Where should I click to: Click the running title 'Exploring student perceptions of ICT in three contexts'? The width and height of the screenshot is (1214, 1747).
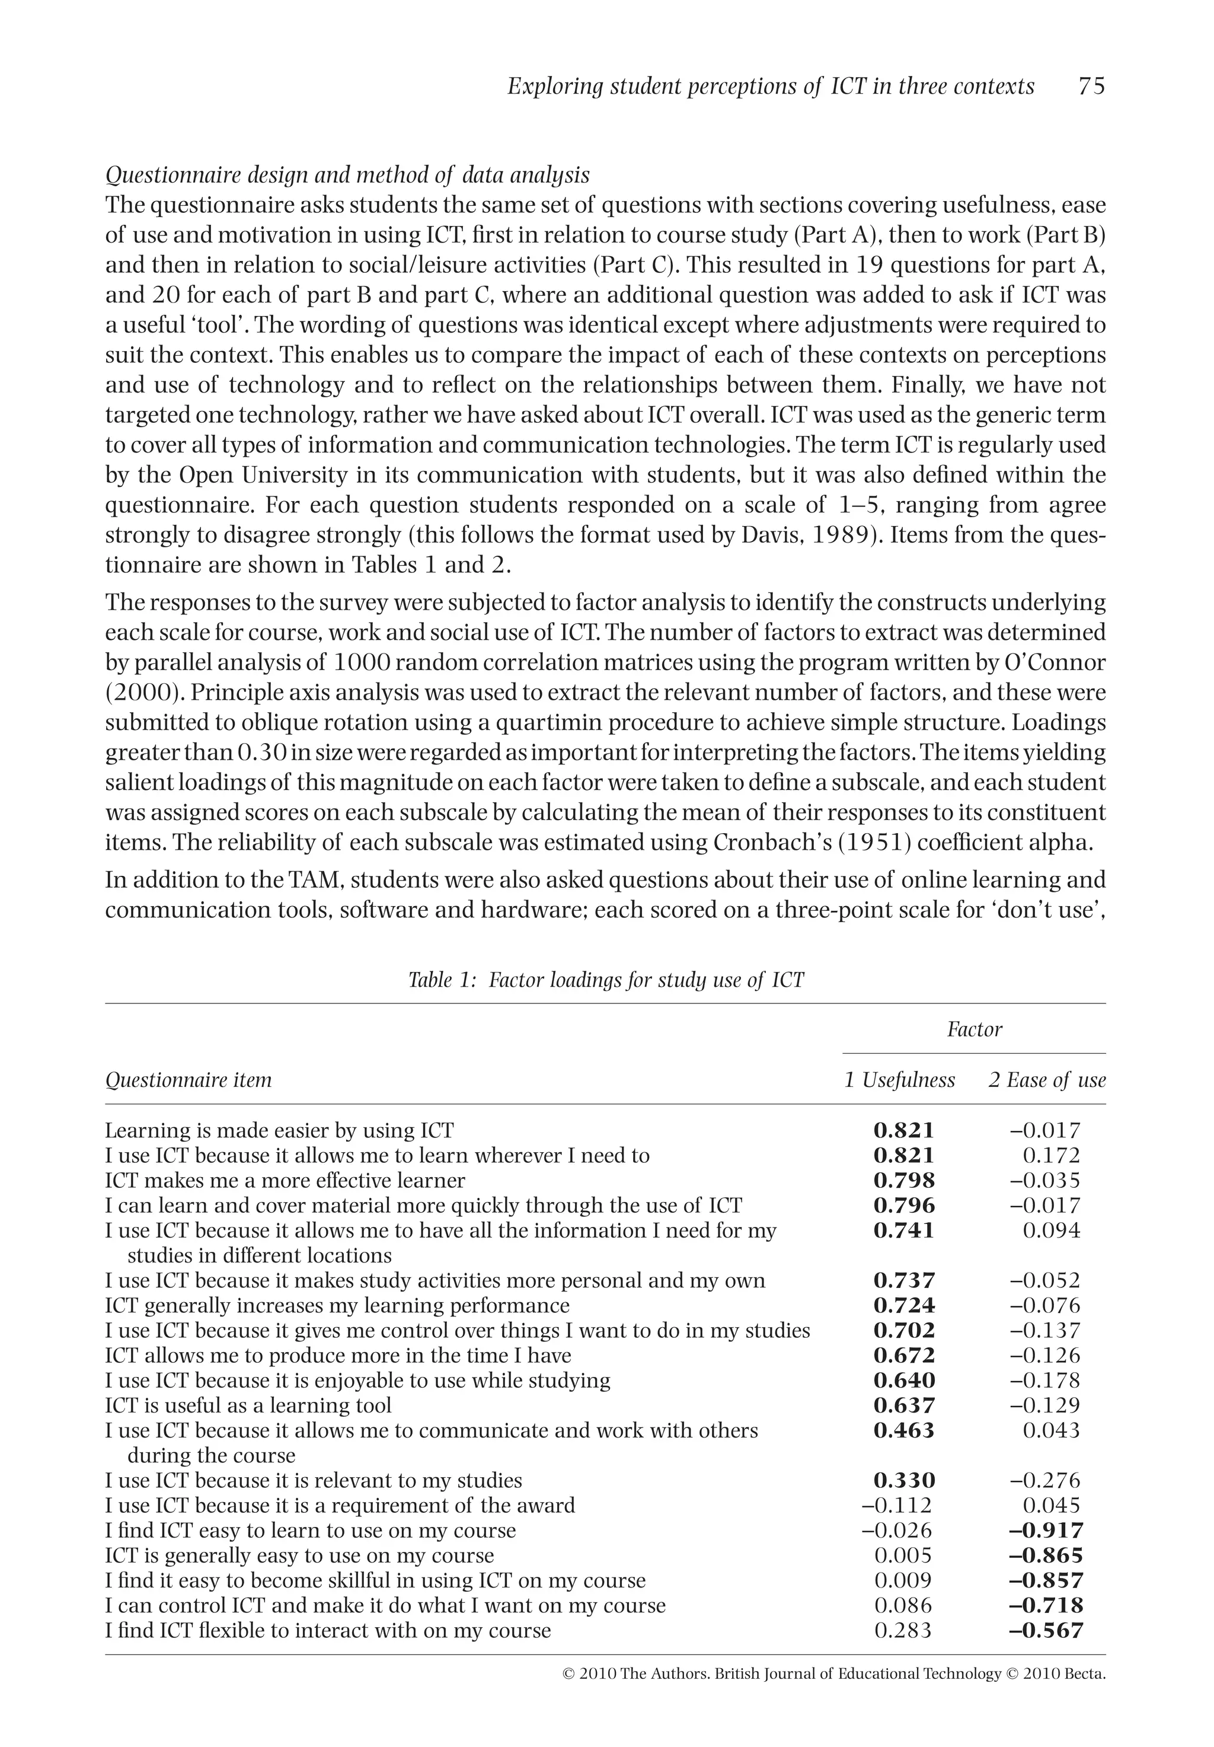(770, 87)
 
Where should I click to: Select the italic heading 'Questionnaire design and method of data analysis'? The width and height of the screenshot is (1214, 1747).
(347, 176)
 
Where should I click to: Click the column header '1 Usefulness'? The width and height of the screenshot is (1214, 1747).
(899, 1080)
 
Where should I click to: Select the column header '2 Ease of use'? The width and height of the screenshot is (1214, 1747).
(1047, 1080)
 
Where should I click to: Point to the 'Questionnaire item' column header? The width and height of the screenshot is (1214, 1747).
(188, 1080)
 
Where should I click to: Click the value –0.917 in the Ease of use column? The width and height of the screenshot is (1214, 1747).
(1046, 1531)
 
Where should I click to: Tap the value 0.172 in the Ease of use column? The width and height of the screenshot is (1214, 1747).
(1051, 1156)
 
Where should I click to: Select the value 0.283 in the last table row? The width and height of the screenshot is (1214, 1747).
(903, 1631)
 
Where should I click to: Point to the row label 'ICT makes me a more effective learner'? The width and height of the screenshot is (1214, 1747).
(285, 1181)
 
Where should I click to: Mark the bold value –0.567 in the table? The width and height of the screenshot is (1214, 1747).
(1046, 1631)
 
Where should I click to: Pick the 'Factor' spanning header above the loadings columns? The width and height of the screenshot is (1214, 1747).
(974, 1030)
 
